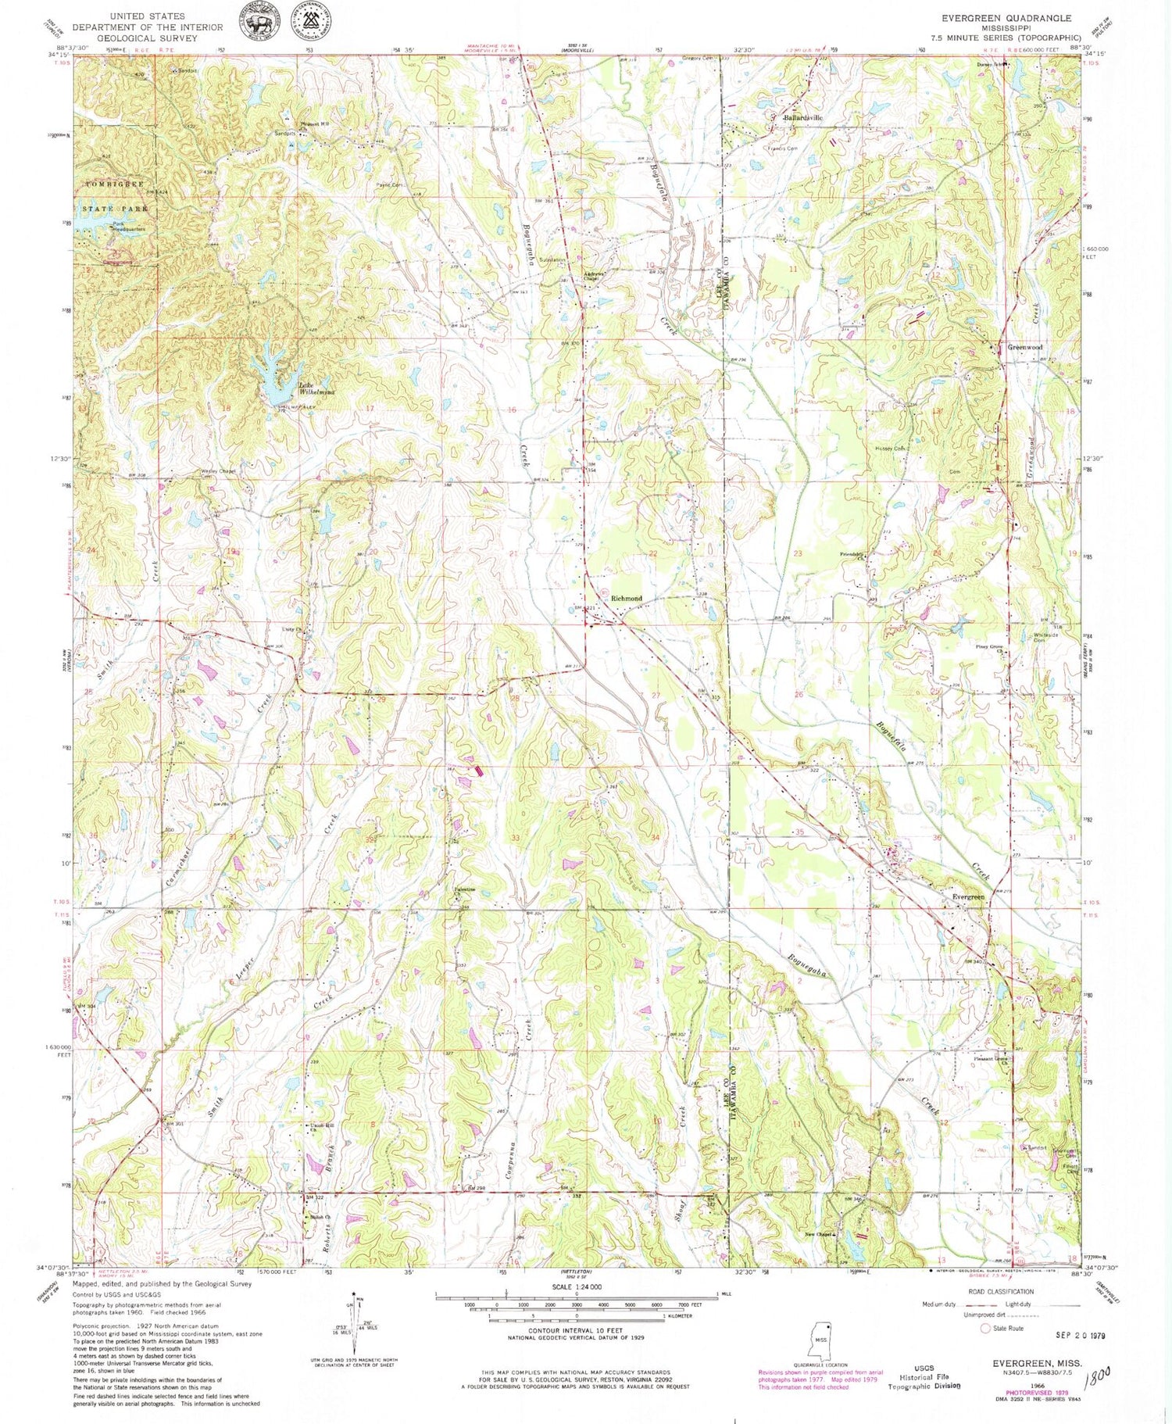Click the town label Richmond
click(626, 598)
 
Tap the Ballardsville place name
click(802, 118)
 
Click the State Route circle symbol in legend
click(985, 1328)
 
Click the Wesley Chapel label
click(195, 471)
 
